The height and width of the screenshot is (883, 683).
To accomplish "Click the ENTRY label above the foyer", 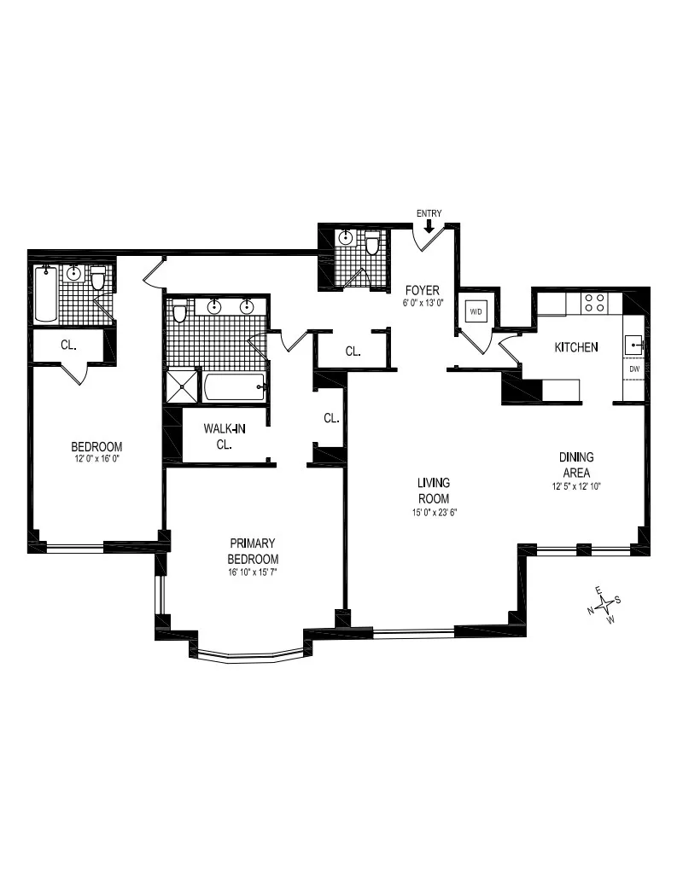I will click(428, 212).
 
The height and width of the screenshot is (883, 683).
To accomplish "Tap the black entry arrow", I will click(428, 224).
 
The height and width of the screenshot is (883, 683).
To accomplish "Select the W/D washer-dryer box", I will click(475, 312).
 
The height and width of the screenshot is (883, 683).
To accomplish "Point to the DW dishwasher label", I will click(634, 369).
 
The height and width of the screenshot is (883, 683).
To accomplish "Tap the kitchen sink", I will click(633, 344).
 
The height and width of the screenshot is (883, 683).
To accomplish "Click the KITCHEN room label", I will click(575, 347).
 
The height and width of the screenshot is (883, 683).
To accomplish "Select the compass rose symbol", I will click(605, 605).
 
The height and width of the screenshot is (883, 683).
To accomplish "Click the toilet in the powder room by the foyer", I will click(372, 244).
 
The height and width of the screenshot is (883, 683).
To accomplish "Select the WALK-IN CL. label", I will click(225, 436).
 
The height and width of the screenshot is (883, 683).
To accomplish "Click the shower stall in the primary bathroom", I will click(182, 386).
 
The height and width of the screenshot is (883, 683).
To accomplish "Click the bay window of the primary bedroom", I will click(248, 655).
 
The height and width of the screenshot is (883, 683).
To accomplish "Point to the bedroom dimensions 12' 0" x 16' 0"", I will click(96, 460).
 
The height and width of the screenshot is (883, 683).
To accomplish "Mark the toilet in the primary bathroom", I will click(179, 312).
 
